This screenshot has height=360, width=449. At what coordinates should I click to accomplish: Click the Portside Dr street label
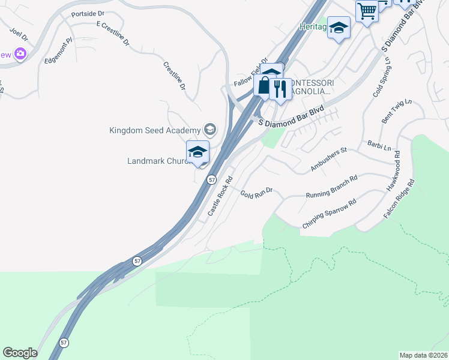point(87,13)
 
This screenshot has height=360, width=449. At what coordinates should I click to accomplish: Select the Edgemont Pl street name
point(58,51)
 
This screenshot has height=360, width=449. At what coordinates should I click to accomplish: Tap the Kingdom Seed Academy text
point(155,130)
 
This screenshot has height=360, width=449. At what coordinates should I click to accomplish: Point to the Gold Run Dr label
point(256,193)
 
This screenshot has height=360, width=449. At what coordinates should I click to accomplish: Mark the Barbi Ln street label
point(379,146)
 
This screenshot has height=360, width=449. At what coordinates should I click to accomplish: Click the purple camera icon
point(21,55)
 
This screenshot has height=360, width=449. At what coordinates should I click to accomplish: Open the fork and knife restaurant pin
point(280,89)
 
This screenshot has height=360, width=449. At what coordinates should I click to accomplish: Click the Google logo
point(20,352)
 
